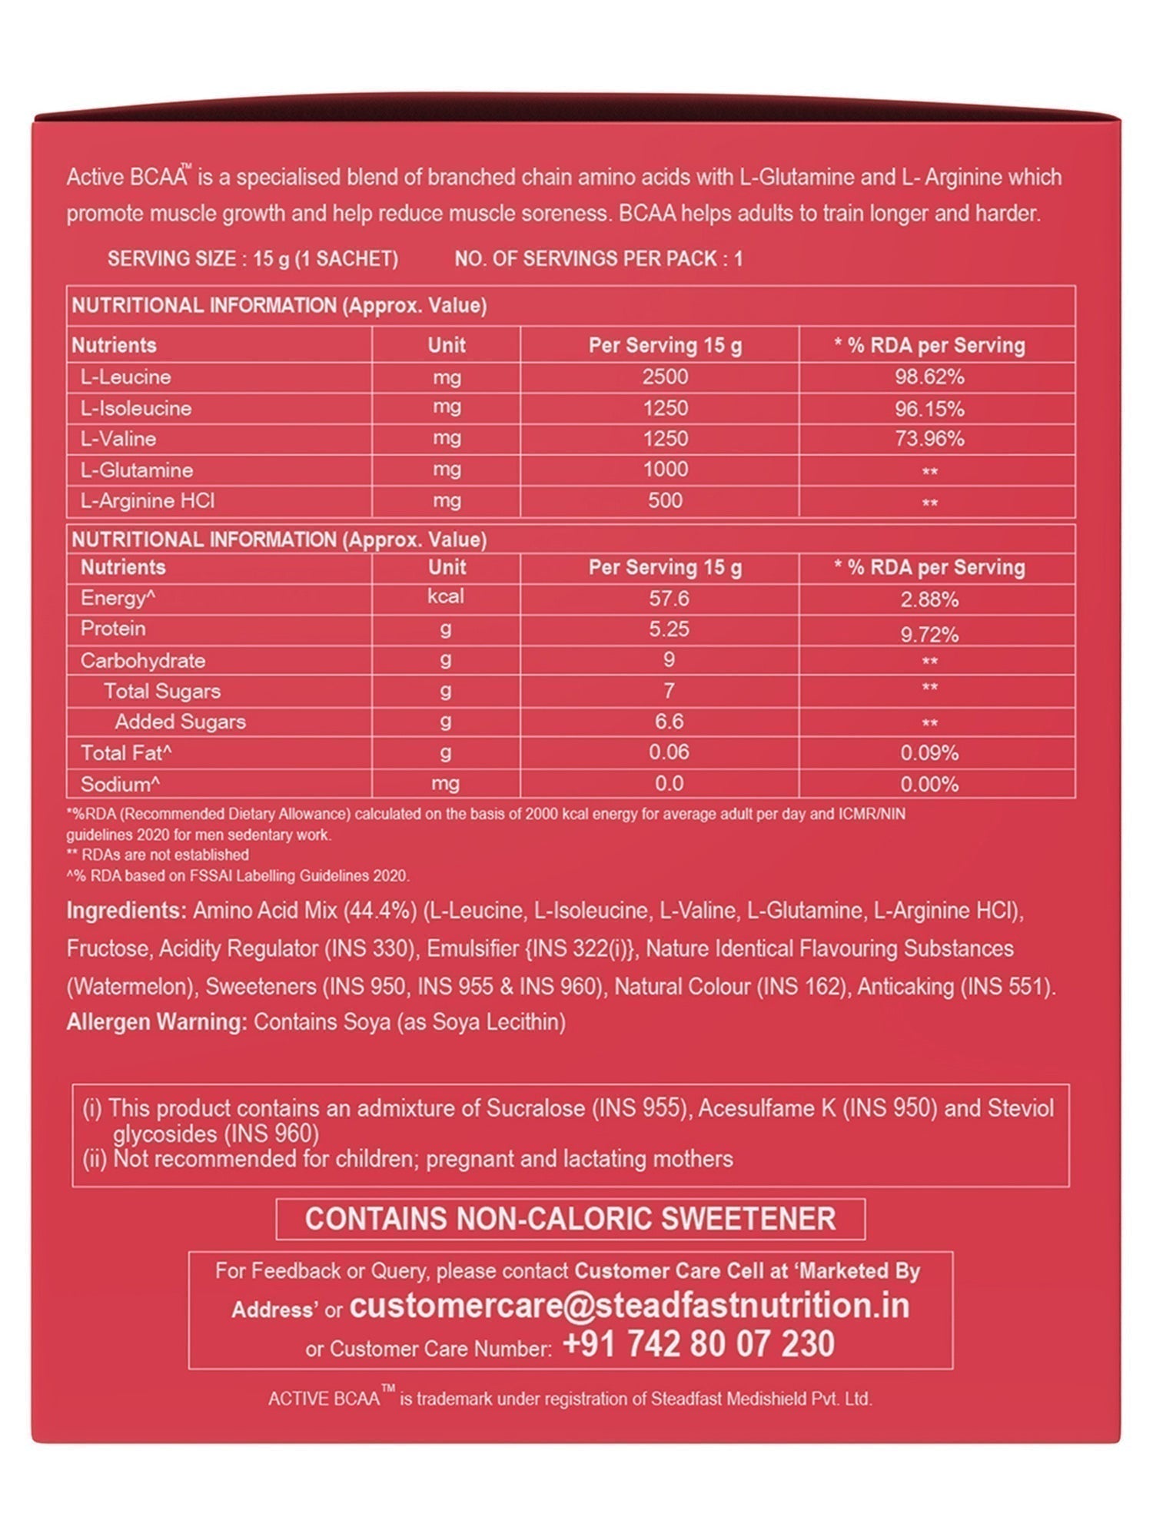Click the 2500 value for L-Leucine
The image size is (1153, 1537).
(665, 377)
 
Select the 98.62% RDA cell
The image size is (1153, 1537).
(929, 377)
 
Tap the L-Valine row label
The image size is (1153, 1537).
(118, 439)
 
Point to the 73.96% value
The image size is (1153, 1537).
(929, 439)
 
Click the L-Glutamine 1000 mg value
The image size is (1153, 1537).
(665, 470)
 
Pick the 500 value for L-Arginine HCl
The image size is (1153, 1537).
(665, 500)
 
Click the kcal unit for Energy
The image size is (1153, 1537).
(446, 597)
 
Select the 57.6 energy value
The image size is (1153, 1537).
(669, 598)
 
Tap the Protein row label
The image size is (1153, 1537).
(113, 629)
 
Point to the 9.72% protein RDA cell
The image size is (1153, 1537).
(929, 635)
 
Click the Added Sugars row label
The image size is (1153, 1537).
(181, 722)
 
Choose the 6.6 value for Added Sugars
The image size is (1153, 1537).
(669, 722)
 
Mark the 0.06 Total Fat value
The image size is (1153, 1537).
(669, 752)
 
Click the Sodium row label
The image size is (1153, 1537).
(121, 785)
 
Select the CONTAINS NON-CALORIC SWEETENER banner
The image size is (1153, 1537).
(570, 1219)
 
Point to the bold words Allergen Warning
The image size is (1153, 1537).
(157, 1022)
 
